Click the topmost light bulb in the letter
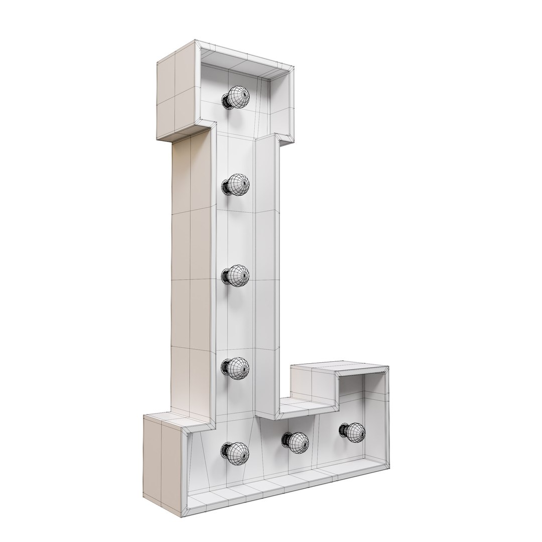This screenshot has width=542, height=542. [238, 96]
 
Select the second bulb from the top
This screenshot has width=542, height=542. [238, 185]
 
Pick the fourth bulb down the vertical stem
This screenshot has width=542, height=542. [238, 367]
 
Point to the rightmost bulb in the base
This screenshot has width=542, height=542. [354, 432]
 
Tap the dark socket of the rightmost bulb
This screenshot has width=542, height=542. [344, 431]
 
